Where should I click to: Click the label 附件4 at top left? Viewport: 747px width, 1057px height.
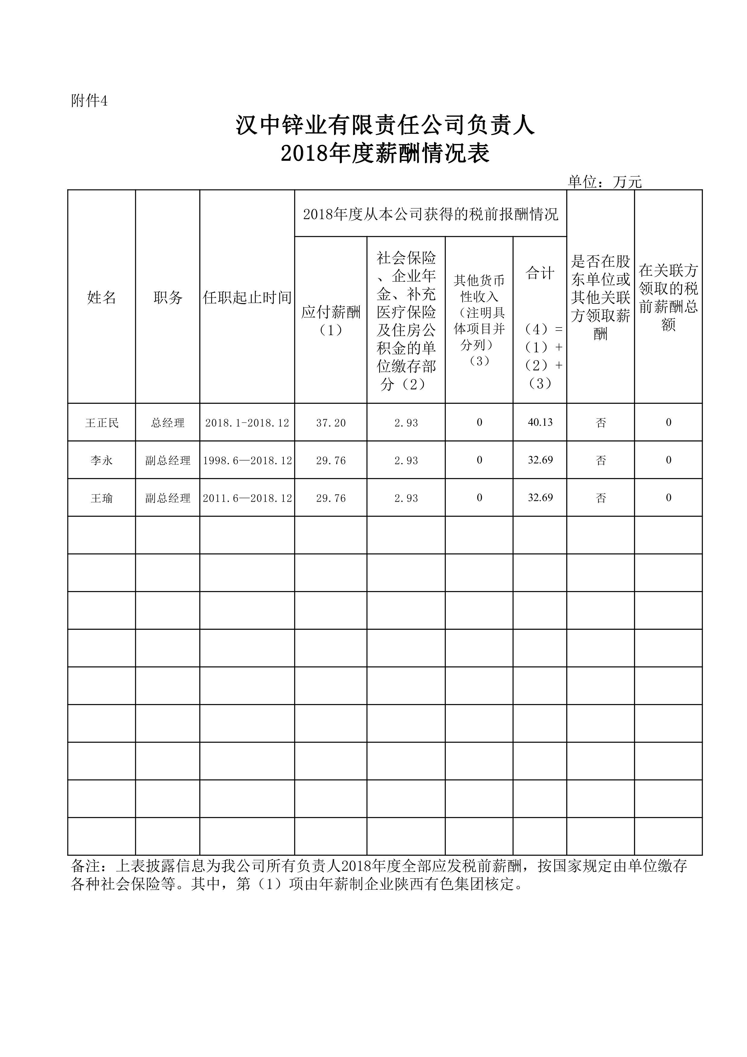tap(89, 101)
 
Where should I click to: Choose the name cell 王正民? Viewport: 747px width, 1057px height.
tap(102, 423)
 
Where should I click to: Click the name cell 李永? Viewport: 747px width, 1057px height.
tap(102, 460)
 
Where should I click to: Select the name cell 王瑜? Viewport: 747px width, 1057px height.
tap(102, 498)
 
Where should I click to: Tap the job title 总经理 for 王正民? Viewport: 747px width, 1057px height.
tap(167, 423)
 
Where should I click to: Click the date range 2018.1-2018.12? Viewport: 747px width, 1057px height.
tap(247, 423)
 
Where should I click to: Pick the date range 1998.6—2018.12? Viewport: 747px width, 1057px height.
tap(247, 460)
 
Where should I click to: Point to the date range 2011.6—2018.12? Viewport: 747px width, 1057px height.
tap(247, 498)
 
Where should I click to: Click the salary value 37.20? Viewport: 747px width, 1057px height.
tap(330, 423)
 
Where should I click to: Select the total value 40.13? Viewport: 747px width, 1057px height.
tap(540, 422)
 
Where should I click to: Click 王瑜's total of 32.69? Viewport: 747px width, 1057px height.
tap(540, 498)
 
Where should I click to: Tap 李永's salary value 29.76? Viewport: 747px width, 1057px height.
tap(330, 460)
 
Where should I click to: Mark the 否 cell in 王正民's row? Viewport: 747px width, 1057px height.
tap(601, 423)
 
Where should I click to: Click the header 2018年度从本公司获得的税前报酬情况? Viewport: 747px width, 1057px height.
tap(430, 214)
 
